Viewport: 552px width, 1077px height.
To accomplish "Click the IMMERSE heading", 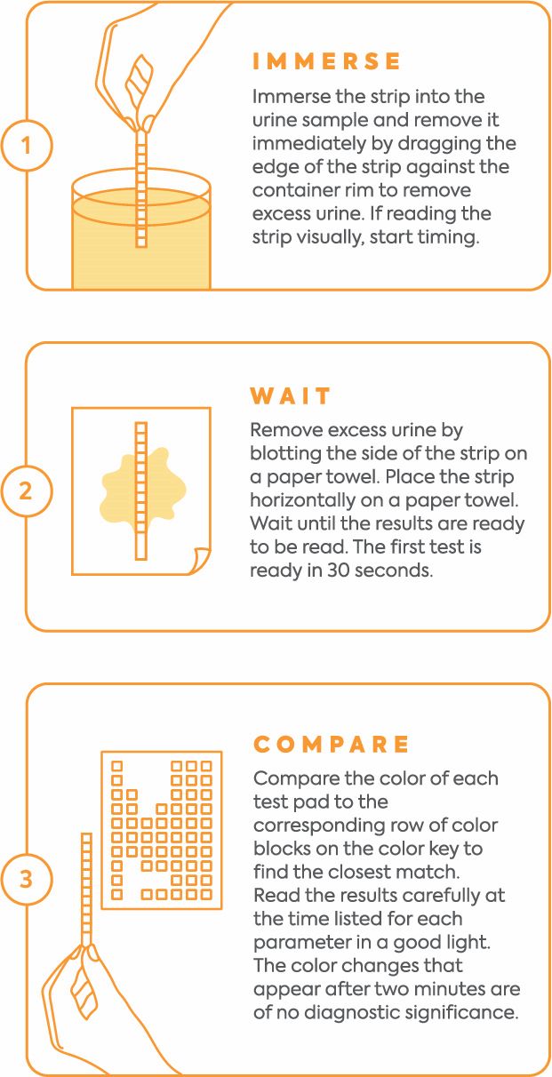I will pyautogui.click(x=327, y=61).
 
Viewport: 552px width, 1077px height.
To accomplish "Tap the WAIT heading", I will pyautogui.click(x=291, y=395).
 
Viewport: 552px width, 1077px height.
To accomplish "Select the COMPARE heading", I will pyautogui.click(x=332, y=744).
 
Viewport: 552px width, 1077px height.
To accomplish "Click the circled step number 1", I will pyautogui.click(x=26, y=145).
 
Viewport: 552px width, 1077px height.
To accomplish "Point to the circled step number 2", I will pyautogui.click(x=26, y=490).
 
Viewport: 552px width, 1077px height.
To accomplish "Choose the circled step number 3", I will pyautogui.click(x=26, y=879).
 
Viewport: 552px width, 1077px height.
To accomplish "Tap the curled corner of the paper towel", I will pyautogui.click(x=199, y=561).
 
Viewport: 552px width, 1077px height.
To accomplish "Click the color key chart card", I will pyautogui.click(x=161, y=830).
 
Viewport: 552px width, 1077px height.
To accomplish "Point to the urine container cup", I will pyautogui.click(x=140, y=235).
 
